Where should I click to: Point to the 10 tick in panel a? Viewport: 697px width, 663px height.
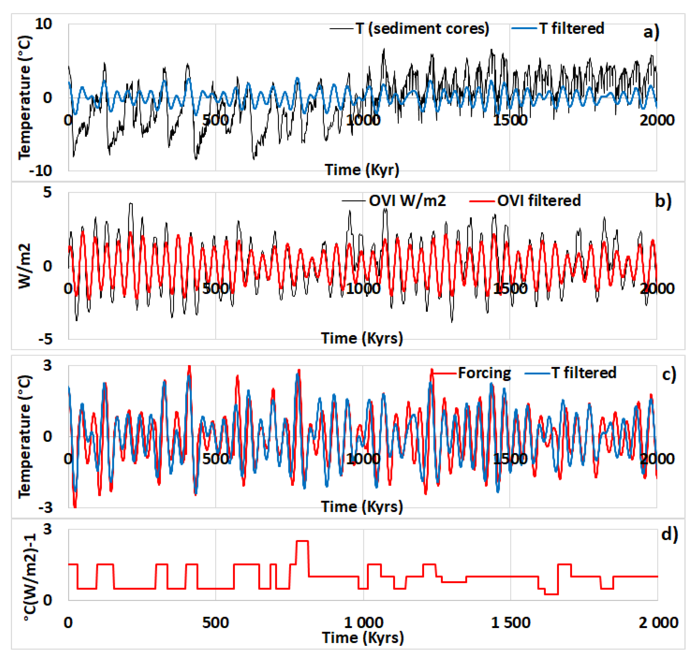[43, 24]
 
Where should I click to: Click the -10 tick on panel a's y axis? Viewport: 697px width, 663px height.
[41, 171]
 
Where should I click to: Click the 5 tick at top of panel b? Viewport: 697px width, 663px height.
[47, 192]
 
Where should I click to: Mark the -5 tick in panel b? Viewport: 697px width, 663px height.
[45, 339]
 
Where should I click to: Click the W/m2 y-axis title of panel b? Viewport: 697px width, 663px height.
[25, 266]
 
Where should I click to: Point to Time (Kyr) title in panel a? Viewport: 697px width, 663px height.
[362, 170]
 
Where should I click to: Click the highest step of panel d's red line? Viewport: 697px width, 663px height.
[302, 541]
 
